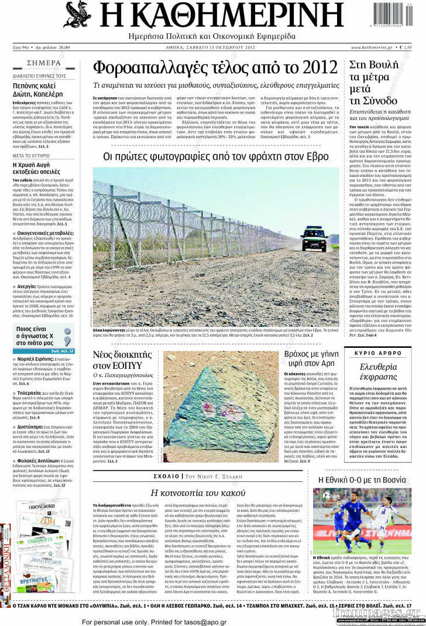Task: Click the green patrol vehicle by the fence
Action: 314,238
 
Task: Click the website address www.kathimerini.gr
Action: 372,47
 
